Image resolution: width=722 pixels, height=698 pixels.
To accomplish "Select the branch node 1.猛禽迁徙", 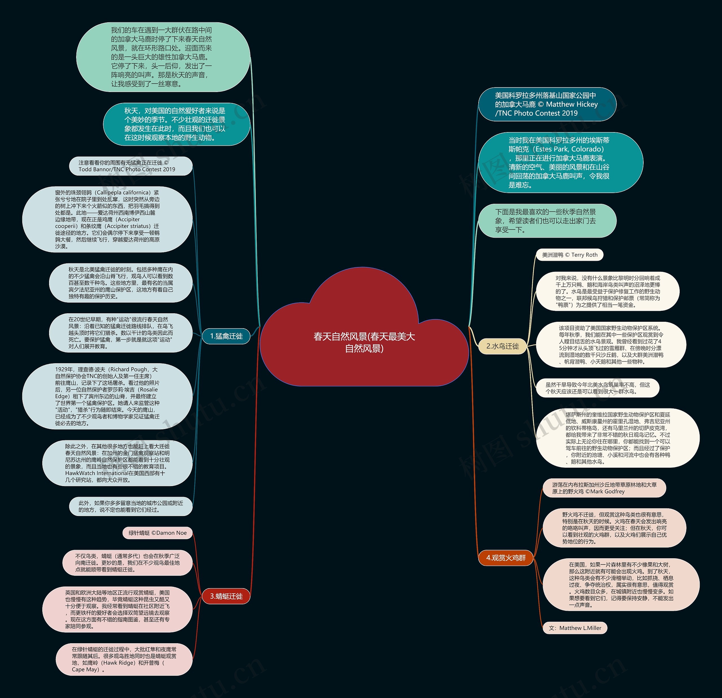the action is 226,336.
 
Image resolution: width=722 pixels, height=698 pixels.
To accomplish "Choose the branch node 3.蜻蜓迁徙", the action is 226,596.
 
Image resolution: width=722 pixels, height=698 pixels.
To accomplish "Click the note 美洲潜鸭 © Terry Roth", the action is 569,255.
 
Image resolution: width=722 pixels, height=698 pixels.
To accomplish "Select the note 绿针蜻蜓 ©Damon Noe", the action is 157,533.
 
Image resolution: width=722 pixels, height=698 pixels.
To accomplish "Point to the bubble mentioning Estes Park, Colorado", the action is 560,163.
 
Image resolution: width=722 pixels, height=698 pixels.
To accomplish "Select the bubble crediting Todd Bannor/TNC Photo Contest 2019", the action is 130,166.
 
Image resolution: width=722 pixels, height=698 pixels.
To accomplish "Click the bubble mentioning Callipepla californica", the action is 107,219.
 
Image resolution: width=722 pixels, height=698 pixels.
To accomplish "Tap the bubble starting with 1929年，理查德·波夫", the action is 107,396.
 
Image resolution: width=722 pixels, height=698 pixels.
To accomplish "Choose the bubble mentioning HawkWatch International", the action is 117,463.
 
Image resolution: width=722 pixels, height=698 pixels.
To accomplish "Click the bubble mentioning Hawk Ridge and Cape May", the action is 124,659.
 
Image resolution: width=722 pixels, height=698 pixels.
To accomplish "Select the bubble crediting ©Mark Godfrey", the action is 604,488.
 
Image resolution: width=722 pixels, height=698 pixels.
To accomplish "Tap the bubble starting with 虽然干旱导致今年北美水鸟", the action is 597,388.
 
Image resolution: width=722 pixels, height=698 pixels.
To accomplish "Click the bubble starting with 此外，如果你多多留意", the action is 130,506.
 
